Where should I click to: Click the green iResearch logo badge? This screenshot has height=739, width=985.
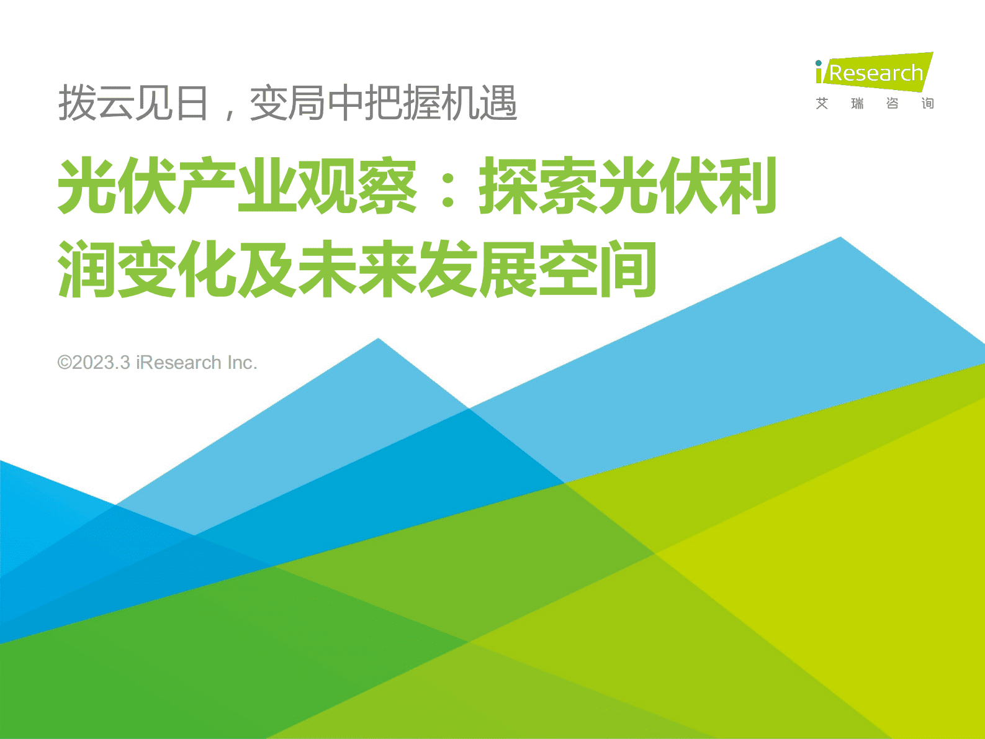coord(874,72)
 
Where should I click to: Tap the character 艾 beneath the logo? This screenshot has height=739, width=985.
coord(822,104)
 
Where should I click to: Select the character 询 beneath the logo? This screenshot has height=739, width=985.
coord(927,104)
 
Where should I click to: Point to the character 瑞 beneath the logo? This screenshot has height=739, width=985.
coord(857,104)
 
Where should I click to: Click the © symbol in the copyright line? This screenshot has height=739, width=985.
coord(64,363)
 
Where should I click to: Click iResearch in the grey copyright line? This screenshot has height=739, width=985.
coord(179,363)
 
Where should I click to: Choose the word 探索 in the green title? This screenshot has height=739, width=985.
coord(537,186)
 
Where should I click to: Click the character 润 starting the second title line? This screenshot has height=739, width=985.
coord(86,270)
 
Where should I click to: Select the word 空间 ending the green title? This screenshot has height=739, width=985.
coord(597,270)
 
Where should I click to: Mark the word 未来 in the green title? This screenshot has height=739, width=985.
coord(356,270)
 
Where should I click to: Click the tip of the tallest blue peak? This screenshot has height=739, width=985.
coord(840,238)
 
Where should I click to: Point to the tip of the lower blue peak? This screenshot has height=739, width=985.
coord(378,339)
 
